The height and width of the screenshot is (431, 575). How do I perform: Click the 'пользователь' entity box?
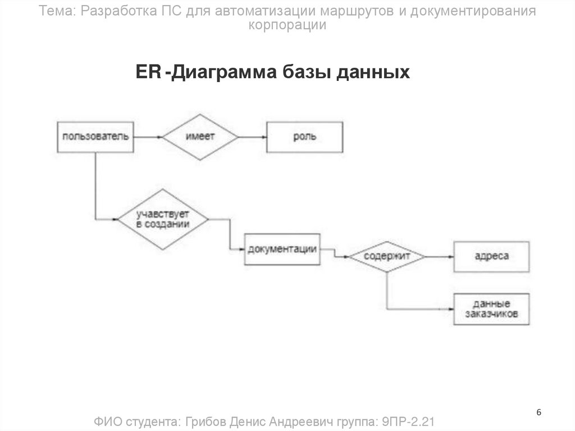click(95, 137)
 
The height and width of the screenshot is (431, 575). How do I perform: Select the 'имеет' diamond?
click(200, 137)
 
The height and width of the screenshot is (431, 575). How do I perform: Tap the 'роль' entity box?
click(304, 137)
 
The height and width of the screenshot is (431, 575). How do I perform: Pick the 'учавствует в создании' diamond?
click(163, 219)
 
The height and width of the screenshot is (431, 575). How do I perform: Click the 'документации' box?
click(282, 249)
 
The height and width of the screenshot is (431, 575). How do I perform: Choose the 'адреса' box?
click(491, 256)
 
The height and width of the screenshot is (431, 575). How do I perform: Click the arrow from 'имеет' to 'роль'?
click(252, 137)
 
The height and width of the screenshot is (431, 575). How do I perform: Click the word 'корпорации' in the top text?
click(287, 25)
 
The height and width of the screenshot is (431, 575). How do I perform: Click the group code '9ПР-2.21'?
click(409, 421)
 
